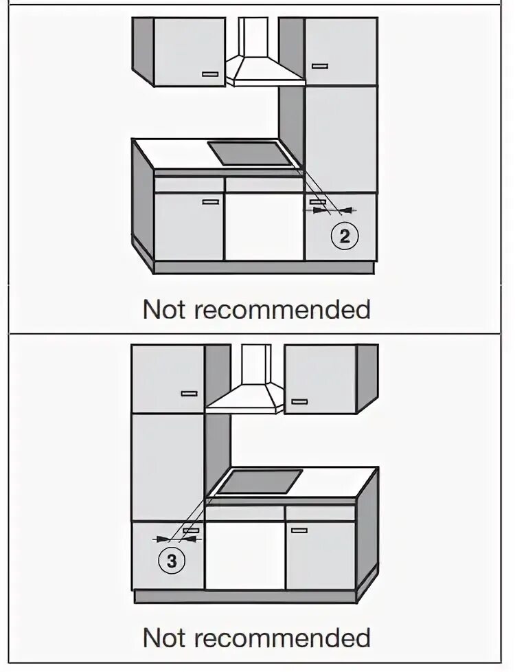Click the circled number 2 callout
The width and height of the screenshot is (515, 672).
click(x=345, y=236)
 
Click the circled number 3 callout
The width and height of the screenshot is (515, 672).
click(x=172, y=561)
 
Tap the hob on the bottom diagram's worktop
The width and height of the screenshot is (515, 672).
click(x=261, y=482)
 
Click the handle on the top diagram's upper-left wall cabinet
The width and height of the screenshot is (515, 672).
click(x=210, y=74)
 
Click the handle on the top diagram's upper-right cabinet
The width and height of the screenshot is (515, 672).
click(x=320, y=66)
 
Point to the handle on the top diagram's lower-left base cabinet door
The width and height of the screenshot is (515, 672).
click(x=210, y=202)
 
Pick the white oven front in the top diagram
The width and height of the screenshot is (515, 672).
click(x=264, y=227)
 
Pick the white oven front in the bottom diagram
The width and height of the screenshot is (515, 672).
click(x=245, y=554)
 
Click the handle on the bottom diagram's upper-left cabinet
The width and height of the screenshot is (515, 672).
click(x=189, y=394)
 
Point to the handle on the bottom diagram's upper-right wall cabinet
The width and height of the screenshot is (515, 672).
click(x=299, y=401)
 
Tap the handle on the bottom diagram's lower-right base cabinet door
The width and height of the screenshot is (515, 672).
click(x=299, y=530)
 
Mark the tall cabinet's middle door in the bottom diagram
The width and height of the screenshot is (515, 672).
click(x=168, y=467)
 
